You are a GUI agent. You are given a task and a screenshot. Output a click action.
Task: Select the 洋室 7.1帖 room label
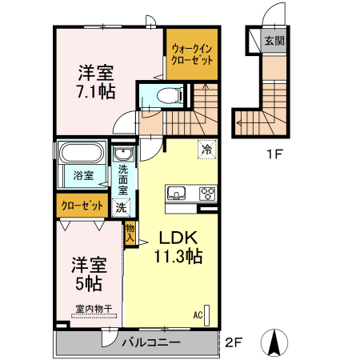pos(95,81)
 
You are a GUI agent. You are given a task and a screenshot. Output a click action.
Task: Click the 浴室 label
pos(82,174)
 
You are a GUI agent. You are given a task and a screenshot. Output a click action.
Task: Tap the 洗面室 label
pos(123,180)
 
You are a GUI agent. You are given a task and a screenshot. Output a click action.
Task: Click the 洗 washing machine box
pos(121,207)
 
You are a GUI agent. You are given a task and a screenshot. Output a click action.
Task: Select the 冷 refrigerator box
pos(207,149)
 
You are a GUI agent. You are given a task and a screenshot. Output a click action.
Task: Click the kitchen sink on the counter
pos(176,193)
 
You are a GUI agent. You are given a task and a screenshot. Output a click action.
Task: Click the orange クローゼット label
pos(82,206)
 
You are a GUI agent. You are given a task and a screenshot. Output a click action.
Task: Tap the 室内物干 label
pos(94,308)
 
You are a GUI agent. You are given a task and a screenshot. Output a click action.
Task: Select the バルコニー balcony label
pos(151,342)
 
